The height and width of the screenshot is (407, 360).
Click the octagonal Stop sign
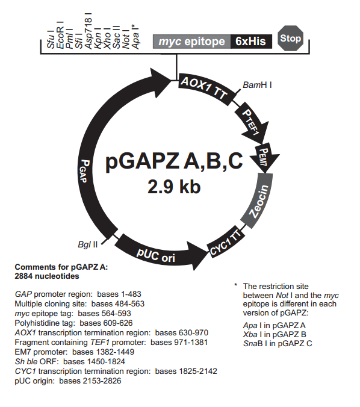click(x=290, y=39)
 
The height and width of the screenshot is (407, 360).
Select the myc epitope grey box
click(x=192, y=42)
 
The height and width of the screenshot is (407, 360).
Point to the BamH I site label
click(x=258, y=85)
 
